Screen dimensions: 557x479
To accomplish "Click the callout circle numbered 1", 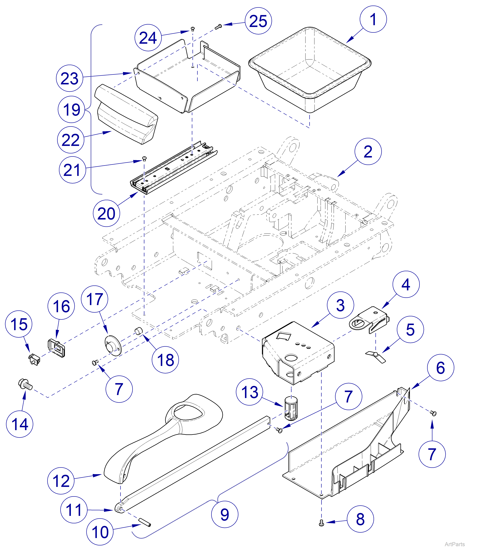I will tap(373, 19).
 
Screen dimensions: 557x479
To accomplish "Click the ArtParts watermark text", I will tap(455, 544).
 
